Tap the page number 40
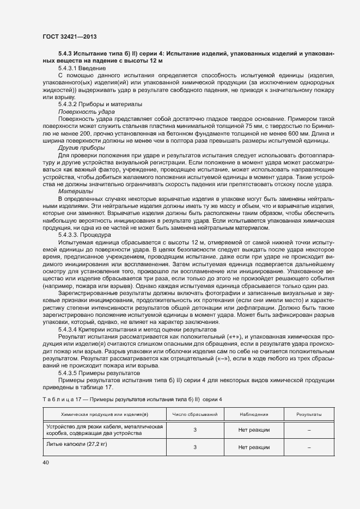tap(45, 463)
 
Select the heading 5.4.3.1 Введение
tap(82, 69)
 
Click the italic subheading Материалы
tap(76, 191)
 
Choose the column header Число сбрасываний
tap(195, 414)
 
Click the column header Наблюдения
tap(254, 414)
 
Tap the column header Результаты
tap(309, 414)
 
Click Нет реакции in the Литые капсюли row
tap(254, 447)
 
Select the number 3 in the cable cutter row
tap(195, 430)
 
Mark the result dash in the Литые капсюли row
tap(309, 447)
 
